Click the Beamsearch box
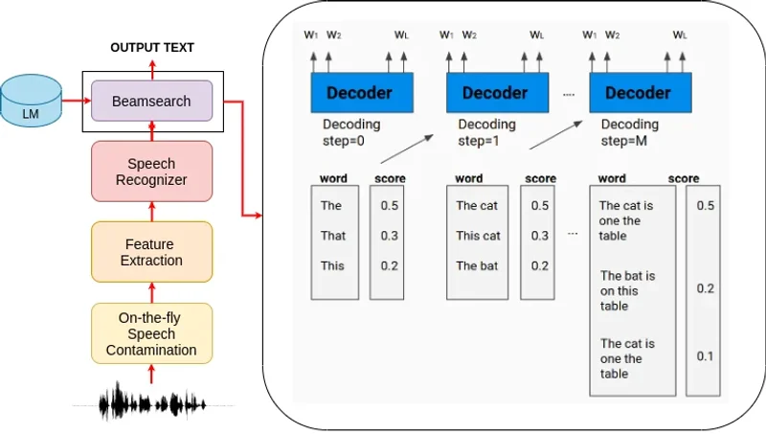[151, 101]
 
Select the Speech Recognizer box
[151, 171]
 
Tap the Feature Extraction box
[151, 252]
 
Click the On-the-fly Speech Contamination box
[151, 334]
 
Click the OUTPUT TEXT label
[151, 47]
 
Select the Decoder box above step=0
[359, 93]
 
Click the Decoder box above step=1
[495, 93]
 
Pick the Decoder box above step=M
[637, 93]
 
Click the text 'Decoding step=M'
[629, 132]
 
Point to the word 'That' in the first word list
[333, 236]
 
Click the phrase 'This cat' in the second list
[478, 236]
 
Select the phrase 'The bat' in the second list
[476, 265]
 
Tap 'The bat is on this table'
[628, 291]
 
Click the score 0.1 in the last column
[706, 356]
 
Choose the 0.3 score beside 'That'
[389, 236]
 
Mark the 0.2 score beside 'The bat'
[540, 265]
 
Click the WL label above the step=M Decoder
[680, 35]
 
